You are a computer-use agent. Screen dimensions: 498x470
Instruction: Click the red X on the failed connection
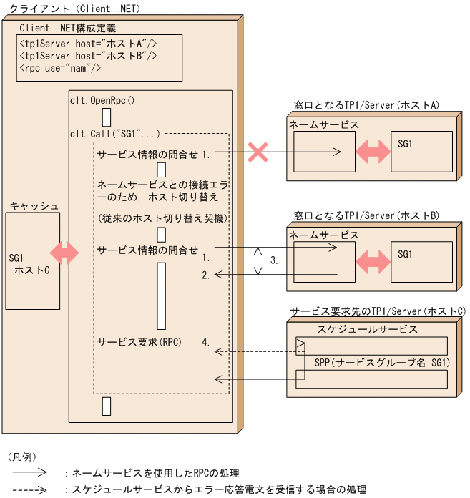(x=258, y=152)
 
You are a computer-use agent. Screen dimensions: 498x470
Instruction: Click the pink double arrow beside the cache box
(x=64, y=253)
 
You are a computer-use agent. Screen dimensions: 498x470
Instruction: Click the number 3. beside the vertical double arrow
(x=274, y=262)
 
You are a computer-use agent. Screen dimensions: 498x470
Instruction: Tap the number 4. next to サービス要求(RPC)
(x=206, y=342)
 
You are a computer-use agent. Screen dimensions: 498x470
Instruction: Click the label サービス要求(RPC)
(x=139, y=342)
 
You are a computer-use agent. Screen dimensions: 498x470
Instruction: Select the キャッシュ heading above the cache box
(x=34, y=206)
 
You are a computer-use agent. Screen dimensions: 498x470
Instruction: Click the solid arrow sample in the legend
(x=30, y=473)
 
